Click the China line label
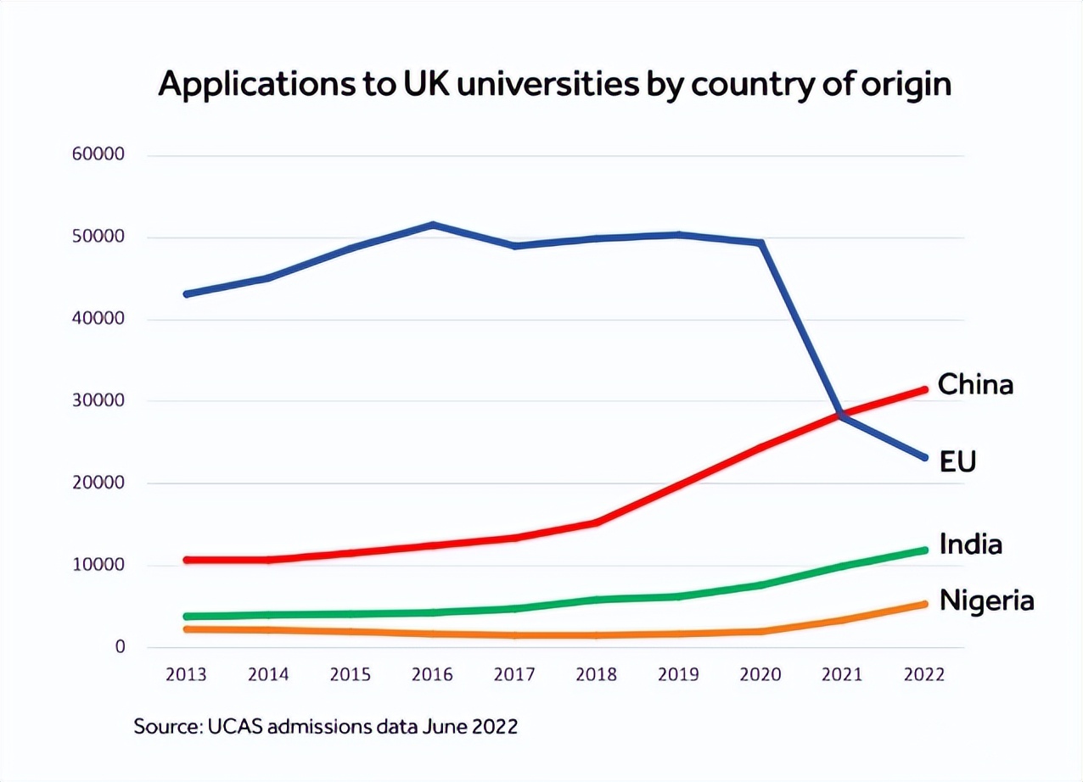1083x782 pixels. point(975,384)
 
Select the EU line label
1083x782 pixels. point(957,461)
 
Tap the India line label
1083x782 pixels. point(970,544)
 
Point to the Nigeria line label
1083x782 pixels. point(986,600)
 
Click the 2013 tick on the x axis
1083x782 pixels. point(186,674)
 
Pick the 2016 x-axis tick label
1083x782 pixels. point(432,674)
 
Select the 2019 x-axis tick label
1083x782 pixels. point(678,674)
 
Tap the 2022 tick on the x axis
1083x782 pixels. point(924,674)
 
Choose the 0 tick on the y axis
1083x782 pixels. point(120,647)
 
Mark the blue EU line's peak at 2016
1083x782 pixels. point(433,225)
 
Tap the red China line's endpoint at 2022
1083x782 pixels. point(924,389)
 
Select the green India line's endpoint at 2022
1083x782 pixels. point(924,550)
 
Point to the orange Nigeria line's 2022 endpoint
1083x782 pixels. point(924,605)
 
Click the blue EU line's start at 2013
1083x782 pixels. point(187,294)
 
